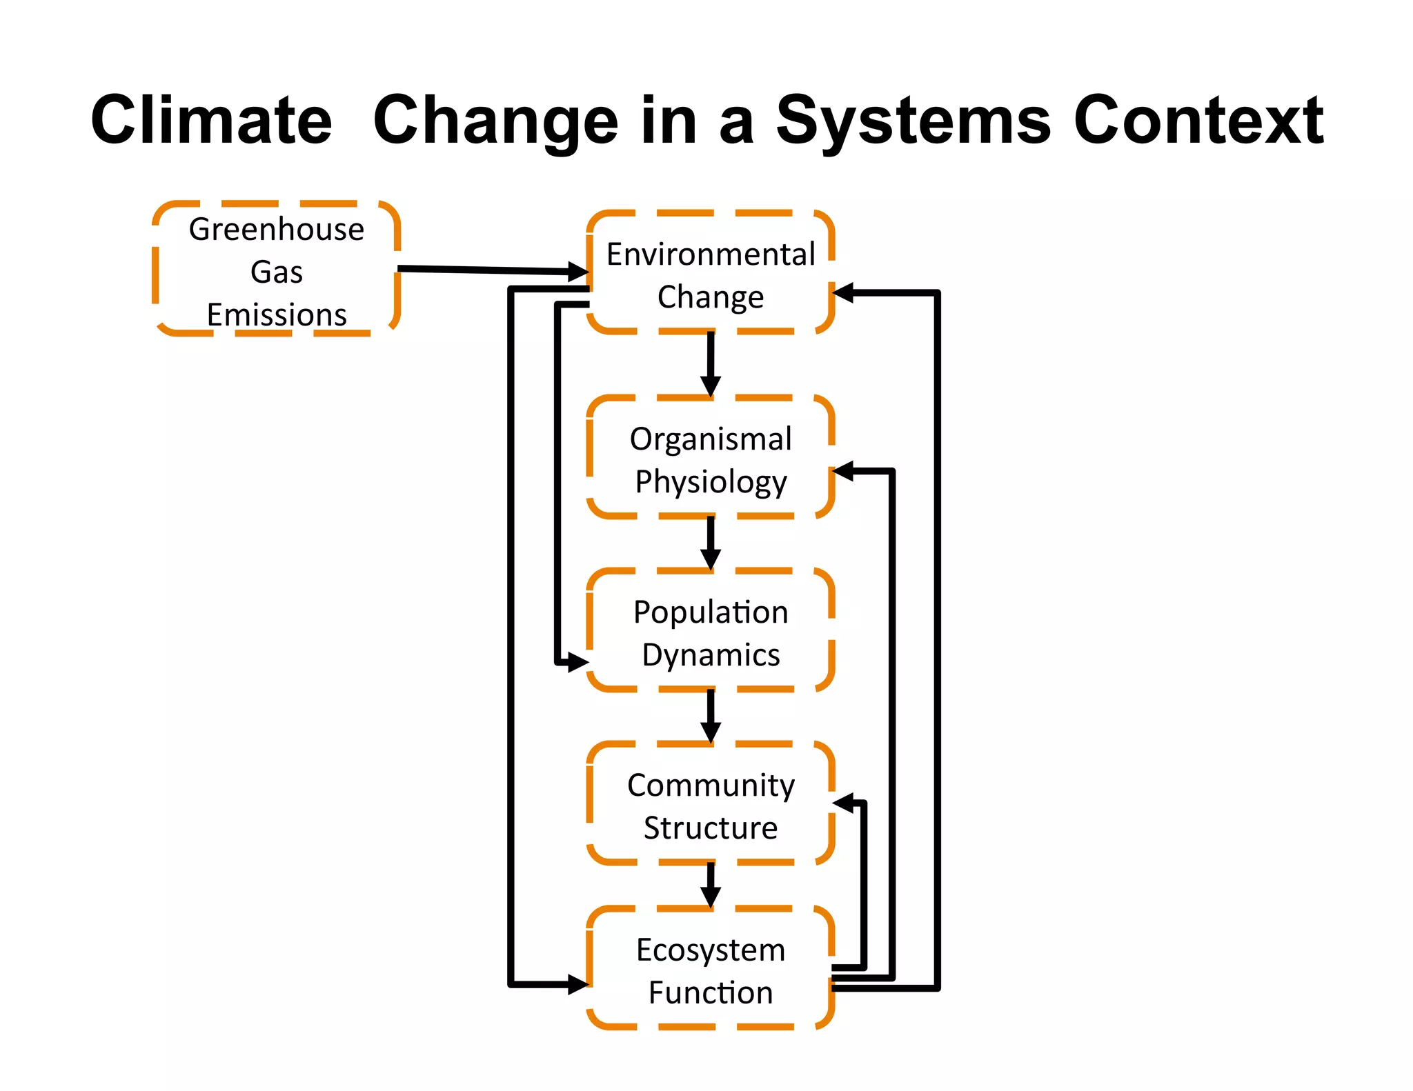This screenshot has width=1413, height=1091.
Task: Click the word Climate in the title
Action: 211,121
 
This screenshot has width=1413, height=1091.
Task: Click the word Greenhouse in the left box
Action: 277,229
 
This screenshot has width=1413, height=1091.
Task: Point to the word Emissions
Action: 277,314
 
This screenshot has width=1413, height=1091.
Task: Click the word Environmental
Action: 711,254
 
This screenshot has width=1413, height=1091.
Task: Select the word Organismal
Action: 711,439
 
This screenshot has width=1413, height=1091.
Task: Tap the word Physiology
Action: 711,481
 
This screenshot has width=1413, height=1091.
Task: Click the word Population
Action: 711,612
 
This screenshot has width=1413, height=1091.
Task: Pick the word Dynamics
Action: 711,654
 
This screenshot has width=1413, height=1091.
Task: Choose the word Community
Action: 711,785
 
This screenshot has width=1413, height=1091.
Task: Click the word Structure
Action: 711,828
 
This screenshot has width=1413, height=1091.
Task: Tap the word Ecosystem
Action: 711,950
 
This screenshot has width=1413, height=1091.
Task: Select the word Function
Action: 711,992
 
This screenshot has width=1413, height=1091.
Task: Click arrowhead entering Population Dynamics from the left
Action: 577,663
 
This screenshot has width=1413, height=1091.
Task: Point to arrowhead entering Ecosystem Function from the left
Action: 577,984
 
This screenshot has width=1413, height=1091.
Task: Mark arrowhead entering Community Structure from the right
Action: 844,803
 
